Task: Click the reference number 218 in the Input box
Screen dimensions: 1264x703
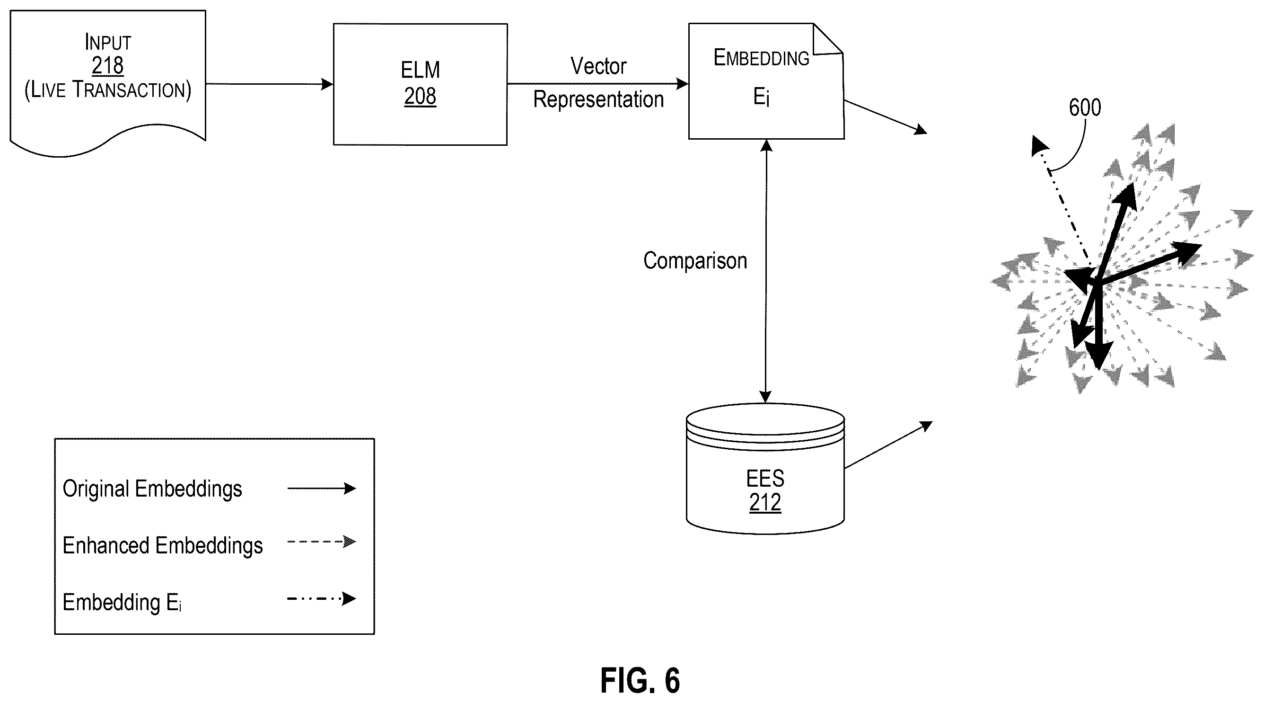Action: [x=107, y=66]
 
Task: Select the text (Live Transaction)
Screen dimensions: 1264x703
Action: [x=108, y=90]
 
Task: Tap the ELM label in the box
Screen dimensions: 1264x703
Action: [x=420, y=70]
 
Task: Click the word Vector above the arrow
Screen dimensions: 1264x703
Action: [x=598, y=66]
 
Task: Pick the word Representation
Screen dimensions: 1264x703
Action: [x=598, y=99]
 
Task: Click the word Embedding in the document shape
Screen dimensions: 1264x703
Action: [x=761, y=58]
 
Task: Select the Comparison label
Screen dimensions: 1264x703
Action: [x=695, y=261]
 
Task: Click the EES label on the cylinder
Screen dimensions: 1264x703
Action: [x=765, y=478]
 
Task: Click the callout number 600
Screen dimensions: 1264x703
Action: [x=1085, y=107]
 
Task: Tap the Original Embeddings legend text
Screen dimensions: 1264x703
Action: [x=152, y=489]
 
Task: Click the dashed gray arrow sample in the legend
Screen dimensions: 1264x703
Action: [x=321, y=542]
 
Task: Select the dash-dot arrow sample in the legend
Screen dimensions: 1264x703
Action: [x=321, y=598]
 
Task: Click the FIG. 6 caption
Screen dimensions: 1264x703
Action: [x=641, y=680]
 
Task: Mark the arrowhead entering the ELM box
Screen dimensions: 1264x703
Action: [x=327, y=84]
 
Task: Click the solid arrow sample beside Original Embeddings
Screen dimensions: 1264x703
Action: [x=321, y=489]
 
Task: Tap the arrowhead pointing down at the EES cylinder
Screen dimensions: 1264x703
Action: [x=765, y=397]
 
